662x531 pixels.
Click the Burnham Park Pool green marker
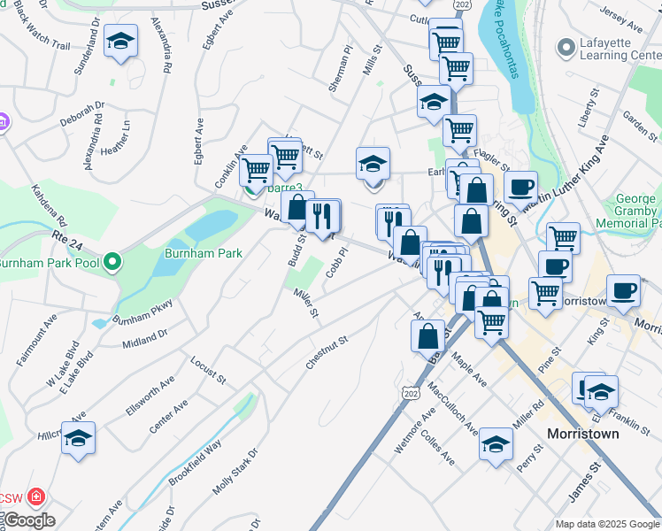tap(112, 263)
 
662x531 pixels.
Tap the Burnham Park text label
tap(203, 253)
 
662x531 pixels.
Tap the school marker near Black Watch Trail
tap(120, 41)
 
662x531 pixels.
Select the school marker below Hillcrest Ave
tap(79, 438)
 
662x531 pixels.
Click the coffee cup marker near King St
tap(622, 290)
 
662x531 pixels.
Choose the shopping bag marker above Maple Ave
tap(427, 335)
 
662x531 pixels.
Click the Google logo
tap(28, 520)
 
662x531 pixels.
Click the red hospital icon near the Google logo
tap(36, 496)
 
